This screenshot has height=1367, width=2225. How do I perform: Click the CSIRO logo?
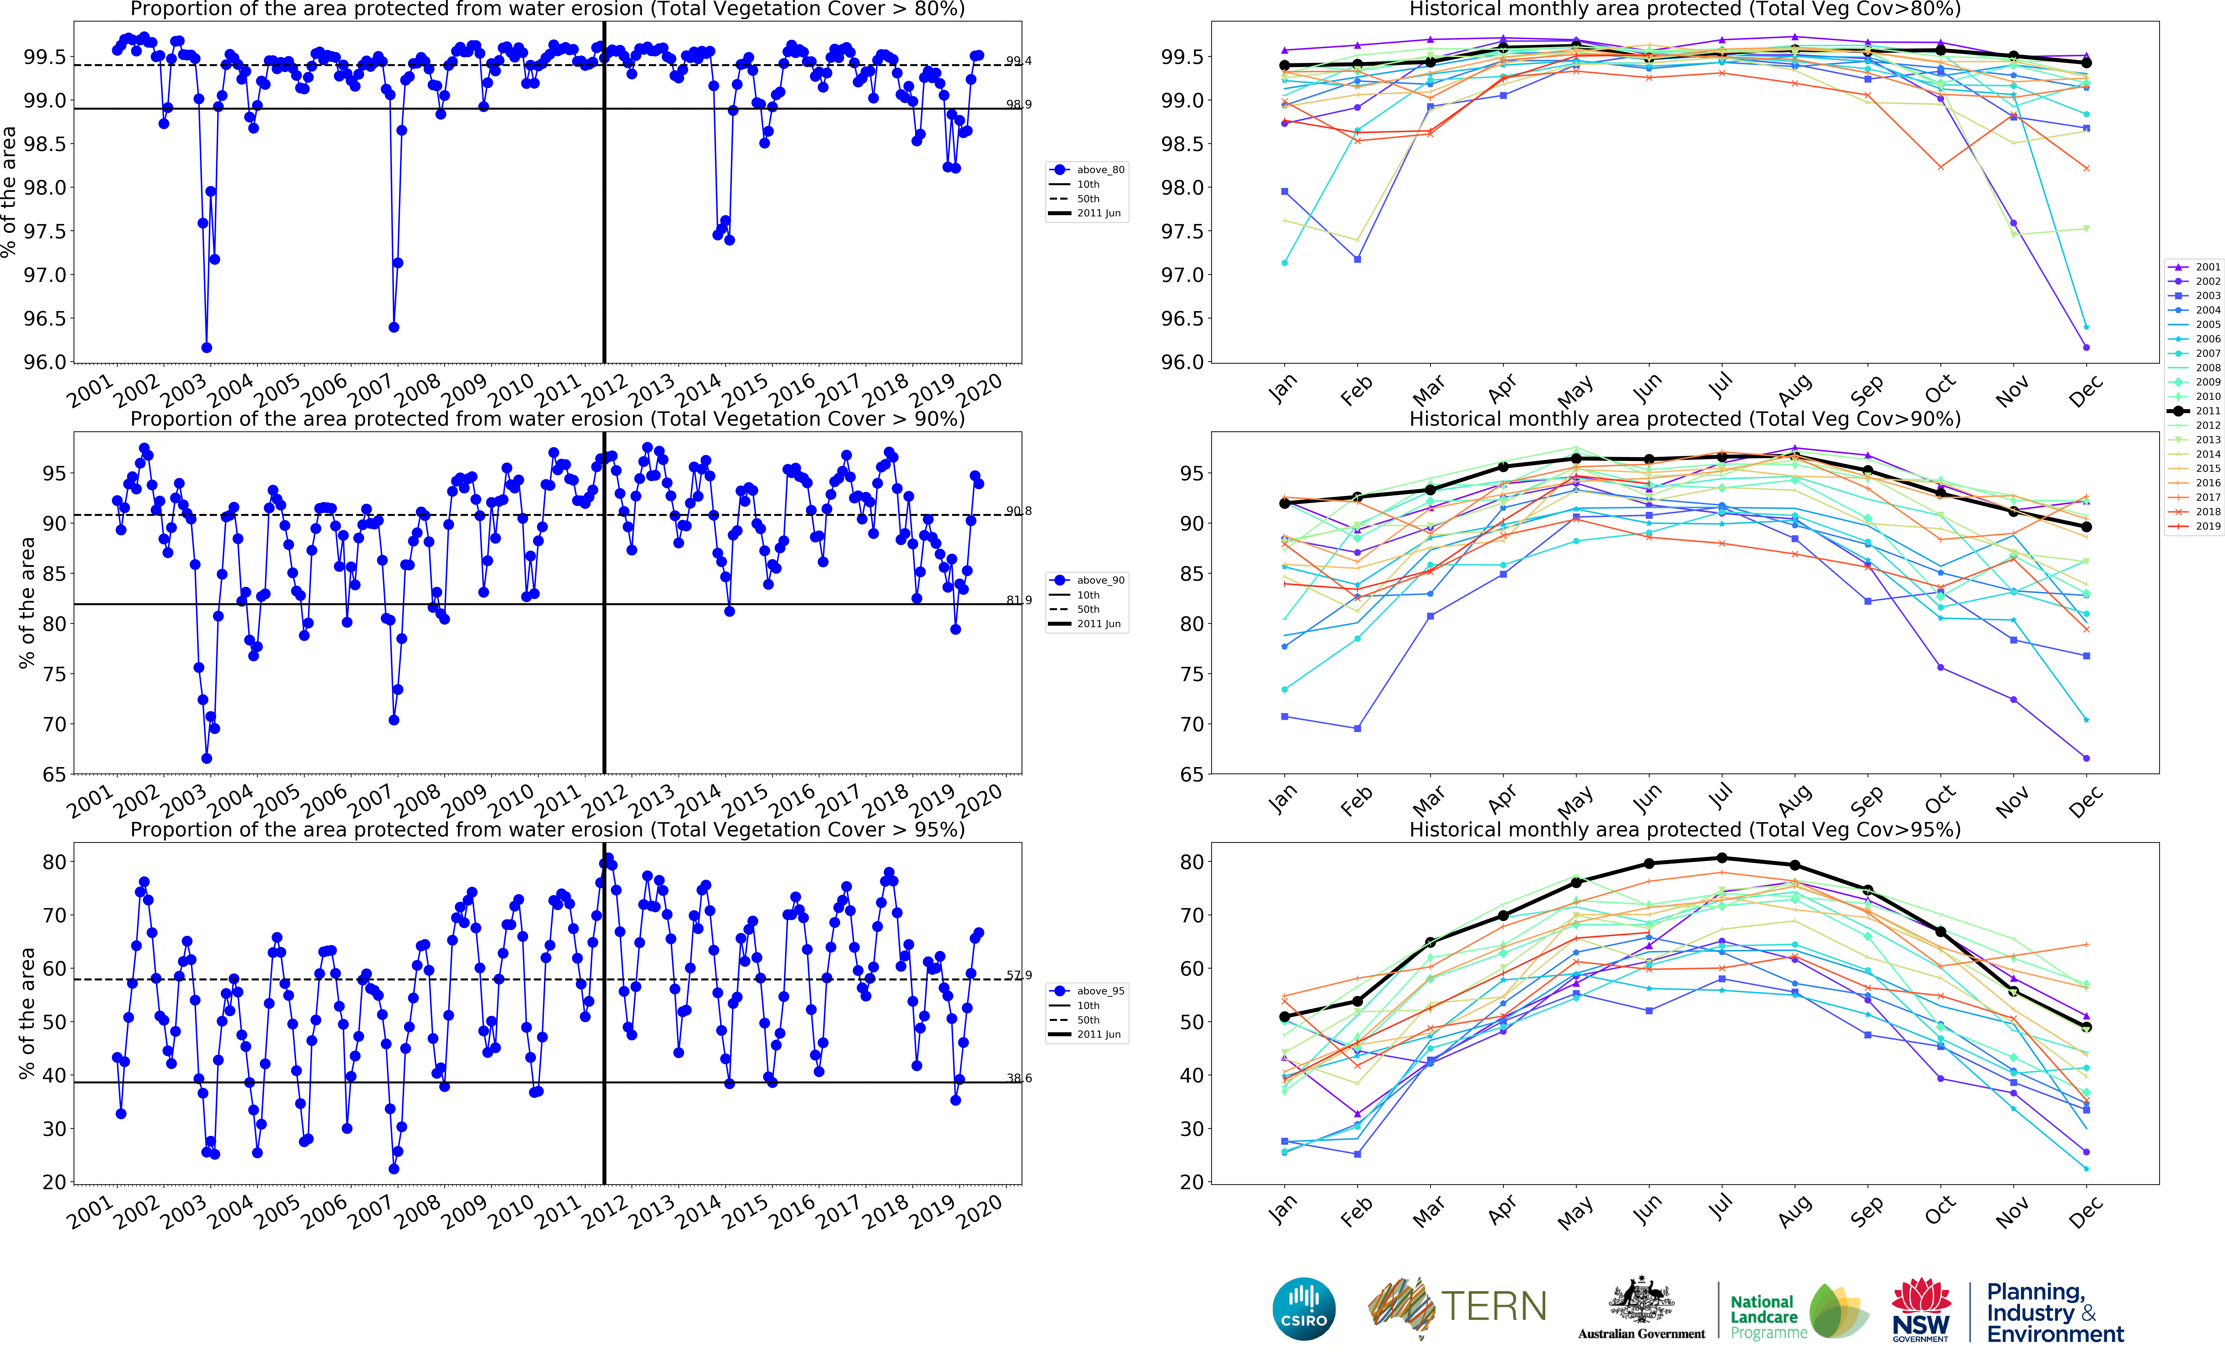pos(1303,1308)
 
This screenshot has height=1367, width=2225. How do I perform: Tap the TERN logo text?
pos(1493,1306)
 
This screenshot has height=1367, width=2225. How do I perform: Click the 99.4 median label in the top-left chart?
pos(1019,62)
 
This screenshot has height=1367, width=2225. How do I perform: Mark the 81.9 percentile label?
pos(1019,600)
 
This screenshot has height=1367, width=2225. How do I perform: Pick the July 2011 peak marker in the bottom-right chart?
pos(1722,858)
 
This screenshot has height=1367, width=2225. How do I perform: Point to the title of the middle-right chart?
pos(1685,419)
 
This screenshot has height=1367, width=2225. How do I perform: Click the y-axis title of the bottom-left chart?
pos(27,1013)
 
